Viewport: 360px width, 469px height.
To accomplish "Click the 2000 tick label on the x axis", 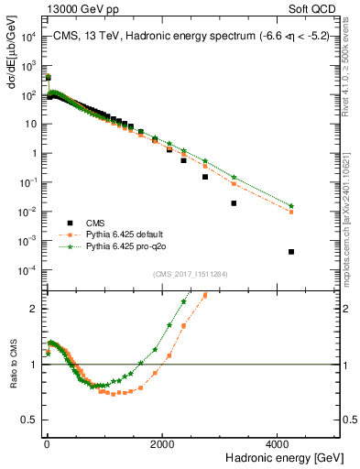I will pyautogui.click(x=163, y=442).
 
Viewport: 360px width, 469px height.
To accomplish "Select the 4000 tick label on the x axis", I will pyautogui.click(x=279, y=442).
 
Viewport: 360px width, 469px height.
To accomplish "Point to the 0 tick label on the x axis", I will pyautogui.click(x=47, y=442).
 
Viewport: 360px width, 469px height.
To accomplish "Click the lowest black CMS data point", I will pyautogui.click(x=291, y=251).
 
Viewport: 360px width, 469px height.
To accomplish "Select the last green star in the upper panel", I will pyautogui.click(x=291, y=205).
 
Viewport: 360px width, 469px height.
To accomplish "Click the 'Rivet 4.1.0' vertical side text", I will pyautogui.click(x=352, y=64).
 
